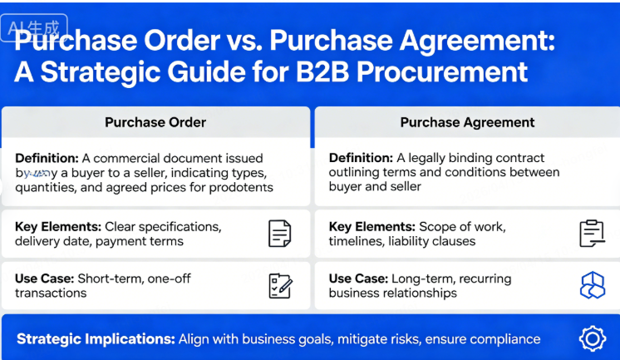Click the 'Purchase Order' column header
[155, 122]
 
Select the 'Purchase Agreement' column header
[467, 122]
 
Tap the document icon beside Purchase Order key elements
[280, 234]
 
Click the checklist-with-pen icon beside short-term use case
[280, 286]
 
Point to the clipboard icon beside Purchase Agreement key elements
[591, 234]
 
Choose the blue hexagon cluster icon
[591, 286]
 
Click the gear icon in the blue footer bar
[591, 338]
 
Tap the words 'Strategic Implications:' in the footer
[94, 339]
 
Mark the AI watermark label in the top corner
[34, 27]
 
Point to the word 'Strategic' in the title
[99, 72]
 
